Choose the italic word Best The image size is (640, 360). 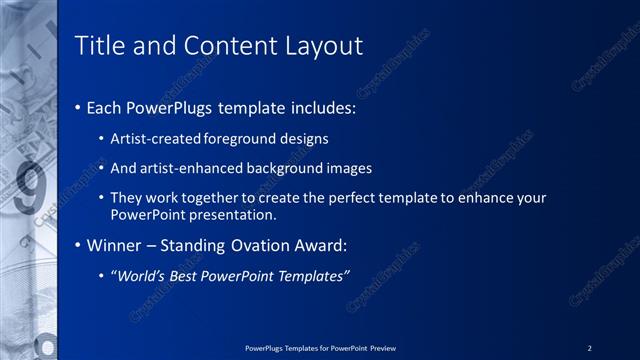pyautogui.click(x=194, y=275)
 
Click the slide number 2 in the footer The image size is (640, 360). pyautogui.click(x=590, y=348)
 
